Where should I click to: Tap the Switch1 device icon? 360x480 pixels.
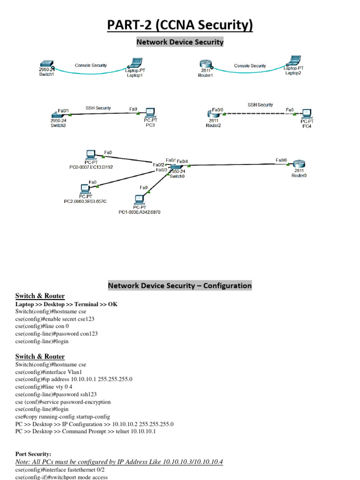[x=46, y=65]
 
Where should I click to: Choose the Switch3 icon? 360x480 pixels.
[x=56, y=114]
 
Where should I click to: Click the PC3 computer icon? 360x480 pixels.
[x=150, y=112]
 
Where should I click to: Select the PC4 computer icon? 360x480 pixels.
[x=307, y=113]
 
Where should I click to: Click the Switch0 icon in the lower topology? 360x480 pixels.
[x=176, y=167]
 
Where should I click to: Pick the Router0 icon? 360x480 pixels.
[x=299, y=164]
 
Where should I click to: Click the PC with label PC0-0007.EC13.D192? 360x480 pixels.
[x=90, y=155]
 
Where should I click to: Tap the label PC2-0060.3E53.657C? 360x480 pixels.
[x=85, y=201]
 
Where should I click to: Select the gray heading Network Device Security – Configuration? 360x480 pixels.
[x=180, y=285]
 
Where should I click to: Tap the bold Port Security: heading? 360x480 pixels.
[x=33, y=454]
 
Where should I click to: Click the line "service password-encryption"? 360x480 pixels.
[x=63, y=402]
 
